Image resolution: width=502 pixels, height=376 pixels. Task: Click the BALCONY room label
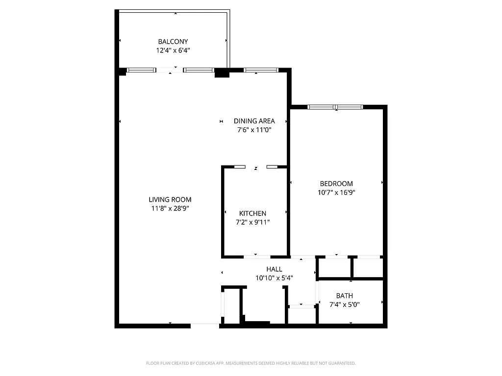(173, 42)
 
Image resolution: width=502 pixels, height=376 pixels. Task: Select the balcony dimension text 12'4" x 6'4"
(173, 50)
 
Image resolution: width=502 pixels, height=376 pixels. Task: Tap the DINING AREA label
(254, 121)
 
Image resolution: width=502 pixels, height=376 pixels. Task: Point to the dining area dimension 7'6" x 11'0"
(254, 130)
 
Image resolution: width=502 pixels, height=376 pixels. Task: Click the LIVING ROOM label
(170, 199)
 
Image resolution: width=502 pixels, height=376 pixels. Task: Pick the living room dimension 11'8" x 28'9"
(170, 208)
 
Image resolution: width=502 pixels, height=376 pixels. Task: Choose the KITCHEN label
(252, 213)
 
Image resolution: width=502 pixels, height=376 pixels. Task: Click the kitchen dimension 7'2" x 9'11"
(252, 222)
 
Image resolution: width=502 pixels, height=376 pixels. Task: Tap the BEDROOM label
(336, 184)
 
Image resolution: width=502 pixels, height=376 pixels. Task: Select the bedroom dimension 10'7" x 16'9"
(336, 192)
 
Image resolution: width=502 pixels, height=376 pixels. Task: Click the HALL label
(274, 269)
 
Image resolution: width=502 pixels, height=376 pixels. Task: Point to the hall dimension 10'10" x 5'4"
(274, 278)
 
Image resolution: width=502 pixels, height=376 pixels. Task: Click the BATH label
(344, 296)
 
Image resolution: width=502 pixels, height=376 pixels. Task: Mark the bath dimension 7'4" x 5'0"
(344, 305)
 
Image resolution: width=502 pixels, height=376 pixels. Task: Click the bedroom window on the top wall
(335, 107)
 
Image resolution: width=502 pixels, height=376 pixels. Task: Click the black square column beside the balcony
(222, 73)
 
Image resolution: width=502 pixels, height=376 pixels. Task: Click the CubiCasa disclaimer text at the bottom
(251, 363)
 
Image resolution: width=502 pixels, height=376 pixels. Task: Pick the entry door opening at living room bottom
(205, 325)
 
